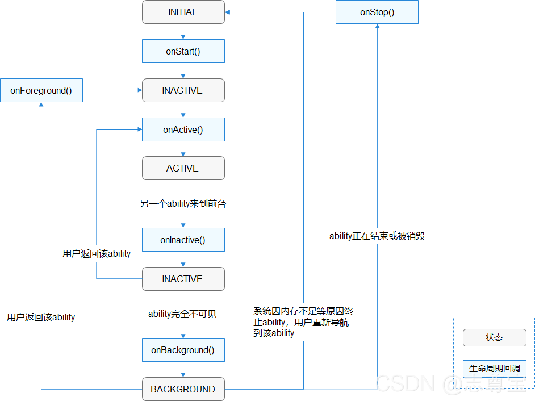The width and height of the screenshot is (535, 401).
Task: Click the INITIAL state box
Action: click(x=183, y=12)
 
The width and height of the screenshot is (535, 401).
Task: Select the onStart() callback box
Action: click(x=183, y=51)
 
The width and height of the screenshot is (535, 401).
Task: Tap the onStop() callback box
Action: click(x=377, y=12)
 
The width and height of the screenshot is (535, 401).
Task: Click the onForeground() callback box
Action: click(x=41, y=90)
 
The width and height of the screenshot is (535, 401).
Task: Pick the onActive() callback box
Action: click(x=183, y=130)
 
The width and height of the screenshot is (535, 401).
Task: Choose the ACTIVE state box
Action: click(x=183, y=168)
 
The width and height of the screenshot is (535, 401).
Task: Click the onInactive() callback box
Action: click(x=183, y=240)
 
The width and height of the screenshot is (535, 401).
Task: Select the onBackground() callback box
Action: click(x=183, y=350)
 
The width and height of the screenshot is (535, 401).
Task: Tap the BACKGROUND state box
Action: click(x=183, y=389)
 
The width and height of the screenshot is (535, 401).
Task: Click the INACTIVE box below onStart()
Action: click(x=183, y=90)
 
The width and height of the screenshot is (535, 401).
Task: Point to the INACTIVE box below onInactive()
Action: click(x=183, y=279)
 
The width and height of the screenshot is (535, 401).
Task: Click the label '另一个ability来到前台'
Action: click(x=183, y=203)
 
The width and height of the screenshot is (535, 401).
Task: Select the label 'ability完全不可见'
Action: click(x=183, y=314)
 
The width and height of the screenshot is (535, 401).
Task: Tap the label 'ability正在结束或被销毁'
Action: click(x=377, y=236)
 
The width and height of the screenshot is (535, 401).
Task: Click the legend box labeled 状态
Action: click(x=494, y=337)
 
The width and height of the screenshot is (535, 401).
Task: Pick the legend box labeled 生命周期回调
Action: click(x=494, y=369)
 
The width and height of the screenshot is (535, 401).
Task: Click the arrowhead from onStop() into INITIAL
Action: click(x=229, y=12)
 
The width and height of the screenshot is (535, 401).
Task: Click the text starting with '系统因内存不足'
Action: click(x=304, y=322)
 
